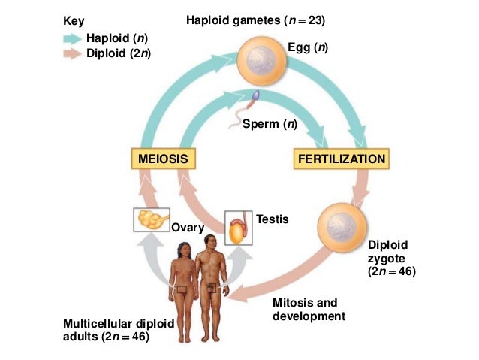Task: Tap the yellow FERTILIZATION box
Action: (x=342, y=159)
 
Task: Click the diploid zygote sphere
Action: (x=342, y=227)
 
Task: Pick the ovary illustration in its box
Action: (x=152, y=219)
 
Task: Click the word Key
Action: (x=74, y=20)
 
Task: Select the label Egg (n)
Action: (x=309, y=47)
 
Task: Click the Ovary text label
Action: (x=183, y=227)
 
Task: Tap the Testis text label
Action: (x=272, y=219)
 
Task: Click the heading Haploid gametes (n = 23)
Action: (x=255, y=19)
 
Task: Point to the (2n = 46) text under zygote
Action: (x=391, y=271)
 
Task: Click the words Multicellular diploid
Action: (x=119, y=323)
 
